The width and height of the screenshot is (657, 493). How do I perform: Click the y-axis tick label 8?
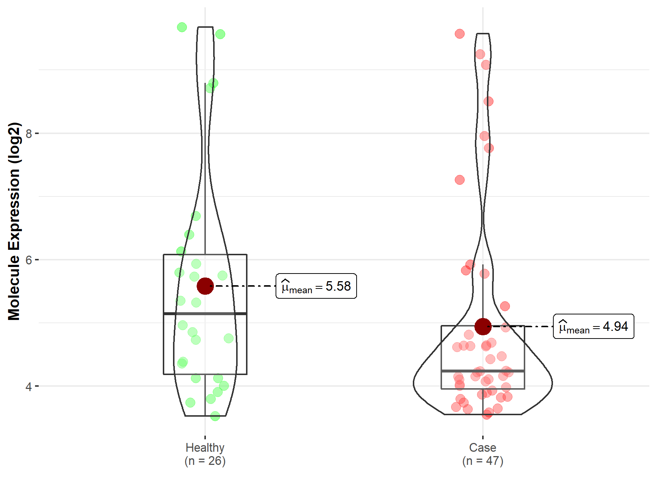click(29, 134)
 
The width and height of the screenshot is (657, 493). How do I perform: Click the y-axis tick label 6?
click(29, 260)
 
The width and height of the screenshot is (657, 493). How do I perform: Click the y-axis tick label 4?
click(29, 386)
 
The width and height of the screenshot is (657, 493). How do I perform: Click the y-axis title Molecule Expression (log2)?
click(14, 221)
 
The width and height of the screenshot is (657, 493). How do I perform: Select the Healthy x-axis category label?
click(205, 447)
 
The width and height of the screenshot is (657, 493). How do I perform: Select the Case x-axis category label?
click(483, 447)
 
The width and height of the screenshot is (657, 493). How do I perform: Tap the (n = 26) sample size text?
click(205, 461)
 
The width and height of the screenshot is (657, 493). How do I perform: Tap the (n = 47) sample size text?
click(483, 461)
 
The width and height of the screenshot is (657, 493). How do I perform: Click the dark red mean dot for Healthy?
click(205, 286)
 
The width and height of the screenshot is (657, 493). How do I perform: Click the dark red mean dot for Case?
click(483, 326)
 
